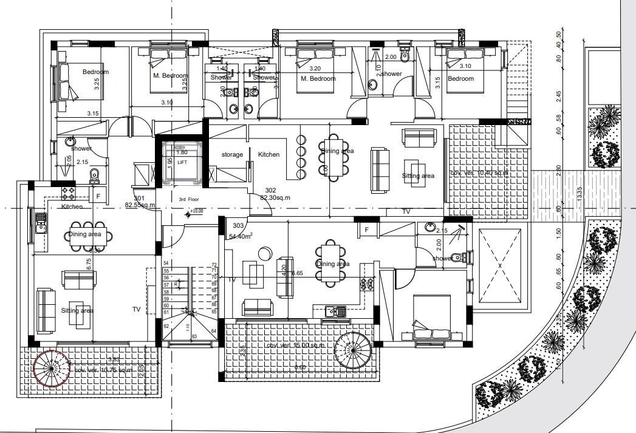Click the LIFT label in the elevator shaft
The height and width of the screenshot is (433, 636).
[182, 162]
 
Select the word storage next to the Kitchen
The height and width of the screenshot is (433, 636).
[232, 155]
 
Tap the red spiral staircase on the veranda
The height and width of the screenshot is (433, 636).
[51, 367]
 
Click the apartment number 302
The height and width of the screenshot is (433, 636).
[270, 189]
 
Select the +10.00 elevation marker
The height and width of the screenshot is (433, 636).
[196, 212]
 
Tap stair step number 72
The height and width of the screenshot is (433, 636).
[214, 265]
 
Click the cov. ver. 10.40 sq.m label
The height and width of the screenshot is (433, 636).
[479, 173]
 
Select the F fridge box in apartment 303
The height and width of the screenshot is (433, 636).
[367, 230]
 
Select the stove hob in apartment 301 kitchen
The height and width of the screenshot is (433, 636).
[67, 194]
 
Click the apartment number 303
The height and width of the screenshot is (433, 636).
[238, 226]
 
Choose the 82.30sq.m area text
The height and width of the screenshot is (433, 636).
[276, 197]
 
